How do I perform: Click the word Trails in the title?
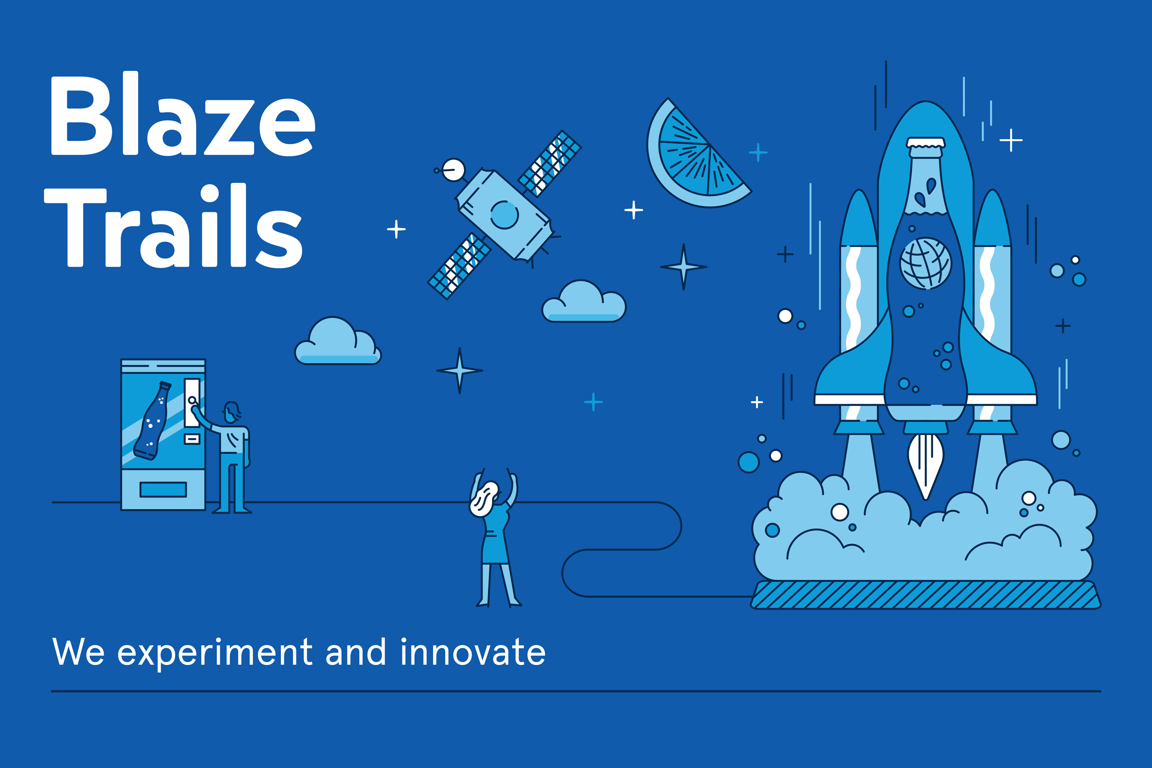point(174,226)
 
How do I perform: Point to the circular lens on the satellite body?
point(505,215)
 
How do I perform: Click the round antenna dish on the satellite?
point(453,170)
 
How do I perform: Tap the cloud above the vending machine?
point(337,341)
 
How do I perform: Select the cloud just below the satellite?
point(583,302)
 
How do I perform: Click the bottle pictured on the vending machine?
point(153,421)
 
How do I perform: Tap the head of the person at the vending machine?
point(232,412)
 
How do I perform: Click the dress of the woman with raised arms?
point(496,534)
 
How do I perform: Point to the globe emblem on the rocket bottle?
point(925,264)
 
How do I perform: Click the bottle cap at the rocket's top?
point(925,142)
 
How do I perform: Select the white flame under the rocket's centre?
point(925,466)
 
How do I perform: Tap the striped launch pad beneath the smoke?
point(925,595)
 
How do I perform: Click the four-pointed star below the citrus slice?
point(684,267)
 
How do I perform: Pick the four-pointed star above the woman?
point(459,370)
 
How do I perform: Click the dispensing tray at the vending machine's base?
point(163,489)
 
